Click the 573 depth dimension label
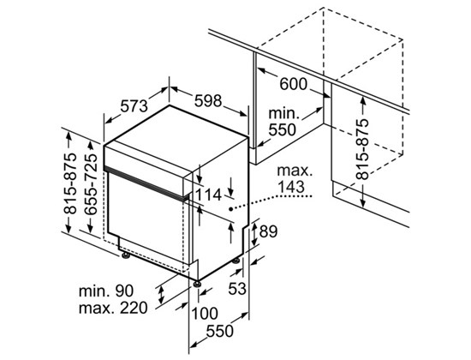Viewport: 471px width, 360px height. (134, 106)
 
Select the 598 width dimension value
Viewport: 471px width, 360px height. (208, 101)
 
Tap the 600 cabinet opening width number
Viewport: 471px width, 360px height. (294, 84)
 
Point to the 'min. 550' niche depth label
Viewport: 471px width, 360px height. (283, 122)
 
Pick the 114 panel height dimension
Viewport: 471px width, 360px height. (208, 195)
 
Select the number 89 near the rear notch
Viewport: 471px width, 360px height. (268, 231)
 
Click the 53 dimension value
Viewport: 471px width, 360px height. (237, 289)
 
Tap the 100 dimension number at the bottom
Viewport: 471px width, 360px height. (205, 314)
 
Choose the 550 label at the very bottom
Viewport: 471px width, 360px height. (219, 331)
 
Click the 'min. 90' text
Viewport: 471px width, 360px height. (106, 291)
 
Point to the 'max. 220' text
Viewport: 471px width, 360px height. (113, 308)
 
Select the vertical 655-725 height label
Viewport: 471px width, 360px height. (91, 184)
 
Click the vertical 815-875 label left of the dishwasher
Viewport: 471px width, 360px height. (70, 183)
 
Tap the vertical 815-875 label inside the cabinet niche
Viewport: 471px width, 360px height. (362, 149)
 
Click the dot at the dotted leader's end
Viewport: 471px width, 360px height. (230, 209)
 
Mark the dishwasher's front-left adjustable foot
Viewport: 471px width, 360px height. (126, 255)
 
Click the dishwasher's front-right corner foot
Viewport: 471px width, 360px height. (197, 284)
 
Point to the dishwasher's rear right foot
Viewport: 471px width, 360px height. (236, 261)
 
